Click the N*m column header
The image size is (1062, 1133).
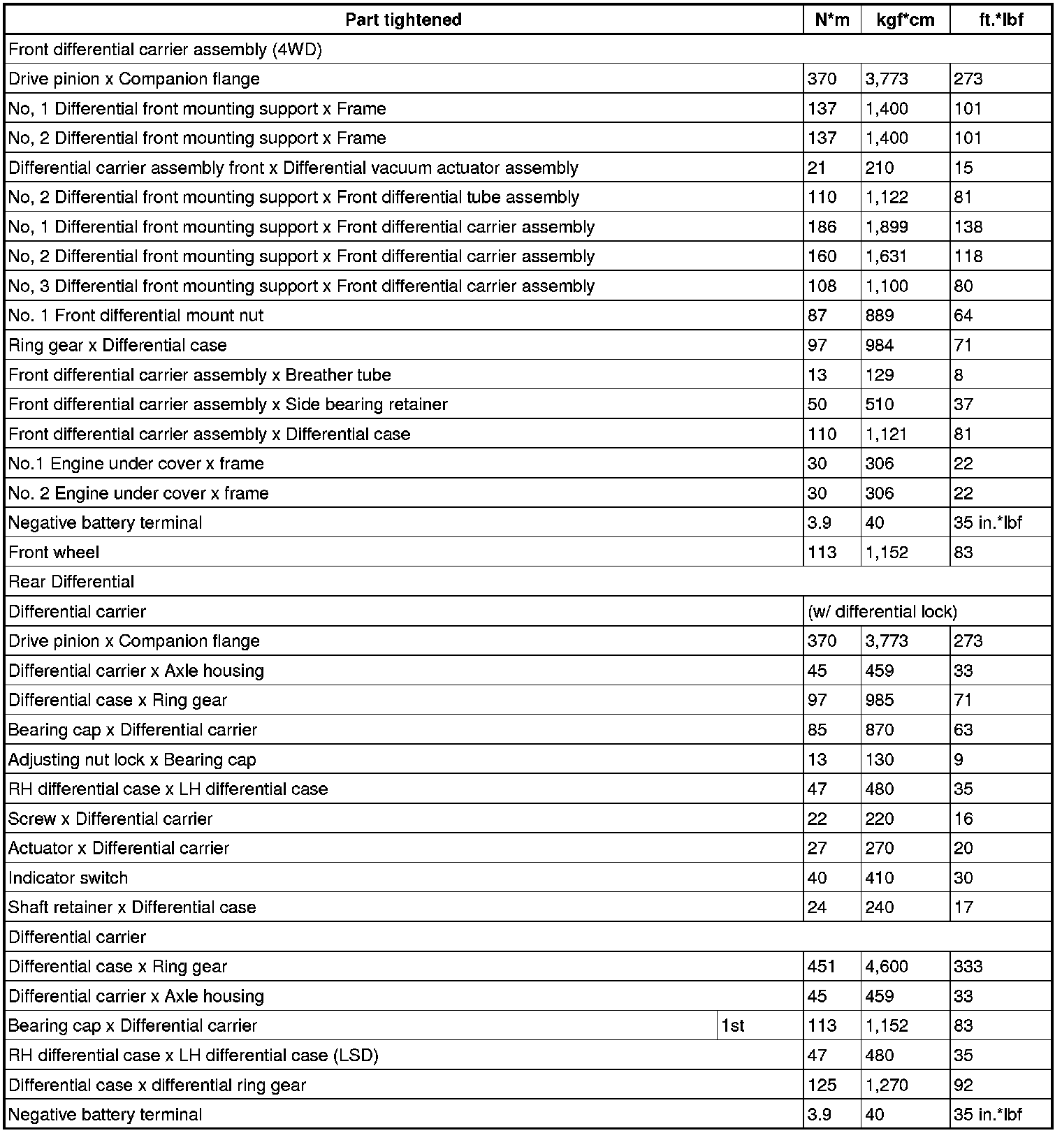832,20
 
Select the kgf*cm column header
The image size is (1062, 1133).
905,20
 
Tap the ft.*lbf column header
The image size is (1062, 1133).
1001,20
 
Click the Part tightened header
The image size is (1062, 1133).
403,20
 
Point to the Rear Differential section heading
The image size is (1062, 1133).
71,582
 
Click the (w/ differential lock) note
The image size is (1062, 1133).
882,612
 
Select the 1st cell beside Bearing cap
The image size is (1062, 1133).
733,1026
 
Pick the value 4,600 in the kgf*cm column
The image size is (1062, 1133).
887,967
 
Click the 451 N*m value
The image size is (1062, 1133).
822,967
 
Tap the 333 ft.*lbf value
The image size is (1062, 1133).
968,967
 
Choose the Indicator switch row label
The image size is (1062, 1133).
68,878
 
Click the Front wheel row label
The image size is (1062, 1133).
54,553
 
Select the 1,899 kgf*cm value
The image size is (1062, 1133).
887,227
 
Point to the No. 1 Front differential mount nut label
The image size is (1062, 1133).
136,316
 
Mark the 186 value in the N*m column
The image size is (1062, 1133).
822,227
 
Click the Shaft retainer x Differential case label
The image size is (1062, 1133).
132,907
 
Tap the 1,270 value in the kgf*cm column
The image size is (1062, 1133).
887,1086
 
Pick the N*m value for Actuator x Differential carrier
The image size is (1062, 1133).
817,849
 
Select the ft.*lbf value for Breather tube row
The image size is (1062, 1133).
959,375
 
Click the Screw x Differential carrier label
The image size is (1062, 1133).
110,819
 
